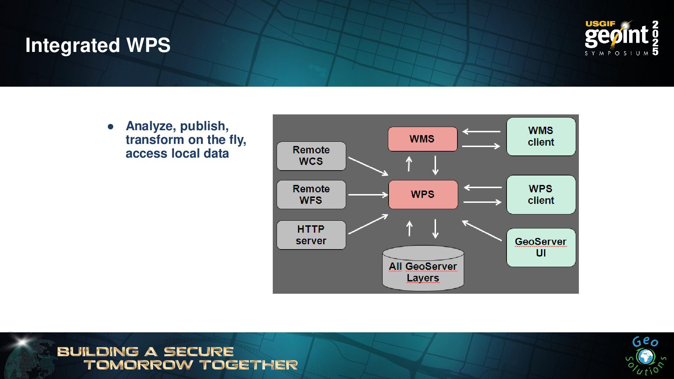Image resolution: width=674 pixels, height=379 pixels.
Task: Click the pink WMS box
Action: click(422, 139)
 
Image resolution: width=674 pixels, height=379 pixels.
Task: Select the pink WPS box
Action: click(423, 194)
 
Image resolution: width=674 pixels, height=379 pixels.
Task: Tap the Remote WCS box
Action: click(311, 156)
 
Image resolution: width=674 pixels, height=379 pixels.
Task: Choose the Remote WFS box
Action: click(311, 195)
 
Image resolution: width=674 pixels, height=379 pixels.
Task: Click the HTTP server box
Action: click(311, 235)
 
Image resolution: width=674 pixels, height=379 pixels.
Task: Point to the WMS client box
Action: click(541, 137)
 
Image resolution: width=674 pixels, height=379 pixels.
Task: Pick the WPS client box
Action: click(541, 195)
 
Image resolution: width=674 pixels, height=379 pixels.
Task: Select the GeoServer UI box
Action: click(541, 247)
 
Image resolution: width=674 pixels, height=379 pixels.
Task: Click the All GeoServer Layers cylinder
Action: click(423, 270)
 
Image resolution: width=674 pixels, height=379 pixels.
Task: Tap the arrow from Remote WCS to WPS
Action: click(368, 166)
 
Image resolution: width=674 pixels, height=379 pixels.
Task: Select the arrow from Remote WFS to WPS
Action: click(368, 194)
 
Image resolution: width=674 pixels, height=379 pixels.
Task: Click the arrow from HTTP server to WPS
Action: click(368, 224)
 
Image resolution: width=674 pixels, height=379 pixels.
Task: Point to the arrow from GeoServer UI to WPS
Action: click(482, 231)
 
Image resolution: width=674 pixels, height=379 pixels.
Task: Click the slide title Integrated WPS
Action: click(98, 45)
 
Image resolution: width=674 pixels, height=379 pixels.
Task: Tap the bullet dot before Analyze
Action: click(111, 127)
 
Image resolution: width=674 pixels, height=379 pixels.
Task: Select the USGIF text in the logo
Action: click(600, 24)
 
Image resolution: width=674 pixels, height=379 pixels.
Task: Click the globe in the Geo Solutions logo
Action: click(645, 357)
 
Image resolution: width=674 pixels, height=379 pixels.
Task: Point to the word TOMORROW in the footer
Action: click(138, 365)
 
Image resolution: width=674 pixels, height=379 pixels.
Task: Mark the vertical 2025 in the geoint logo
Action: click(655, 38)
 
